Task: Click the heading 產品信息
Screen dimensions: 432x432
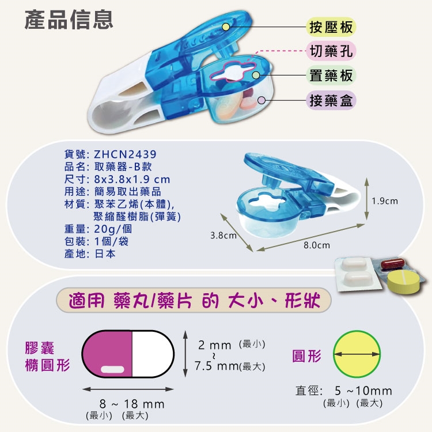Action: click(x=69, y=20)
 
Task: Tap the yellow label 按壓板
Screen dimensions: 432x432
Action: click(x=331, y=26)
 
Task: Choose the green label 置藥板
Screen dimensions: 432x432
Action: click(x=331, y=75)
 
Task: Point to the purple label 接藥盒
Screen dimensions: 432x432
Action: click(x=331, y=100)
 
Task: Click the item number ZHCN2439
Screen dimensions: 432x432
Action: click(x=125, y=154)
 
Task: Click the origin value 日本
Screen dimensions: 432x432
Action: click(x=105, y=253)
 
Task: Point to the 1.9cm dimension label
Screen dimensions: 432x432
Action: click(x=385, y=202)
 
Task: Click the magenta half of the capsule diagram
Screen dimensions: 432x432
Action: click(x=108, y=354)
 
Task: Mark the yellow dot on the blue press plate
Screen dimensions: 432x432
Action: click(x=226, y=26)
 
